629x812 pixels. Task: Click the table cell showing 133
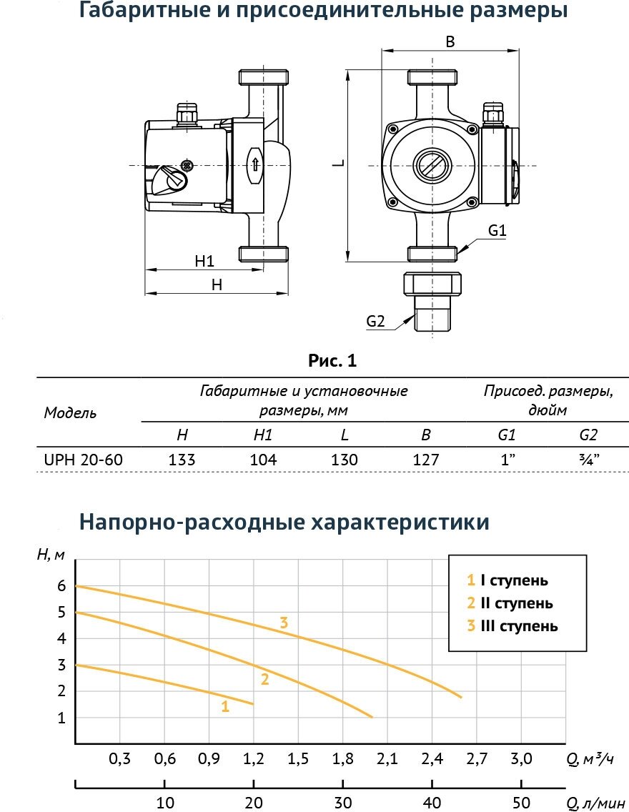pos(182,460)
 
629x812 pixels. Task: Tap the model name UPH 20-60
pos(84,460)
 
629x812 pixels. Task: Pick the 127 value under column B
pos(426,460)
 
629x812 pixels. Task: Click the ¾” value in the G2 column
pos(588,460)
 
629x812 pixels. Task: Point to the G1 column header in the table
pos(507,435)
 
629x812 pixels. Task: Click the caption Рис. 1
pos(332,362)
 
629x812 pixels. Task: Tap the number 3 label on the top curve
pos(284,623)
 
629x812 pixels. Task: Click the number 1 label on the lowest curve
pos(225,707)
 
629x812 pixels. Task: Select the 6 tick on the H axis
pos(61,586)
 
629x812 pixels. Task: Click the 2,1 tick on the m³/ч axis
pos(386,758)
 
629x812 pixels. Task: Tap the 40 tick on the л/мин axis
pos(432,802)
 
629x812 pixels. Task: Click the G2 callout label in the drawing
pos(376,322)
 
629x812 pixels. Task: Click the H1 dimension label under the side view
pos(204,261)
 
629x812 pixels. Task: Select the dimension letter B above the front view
pos(450,41)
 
